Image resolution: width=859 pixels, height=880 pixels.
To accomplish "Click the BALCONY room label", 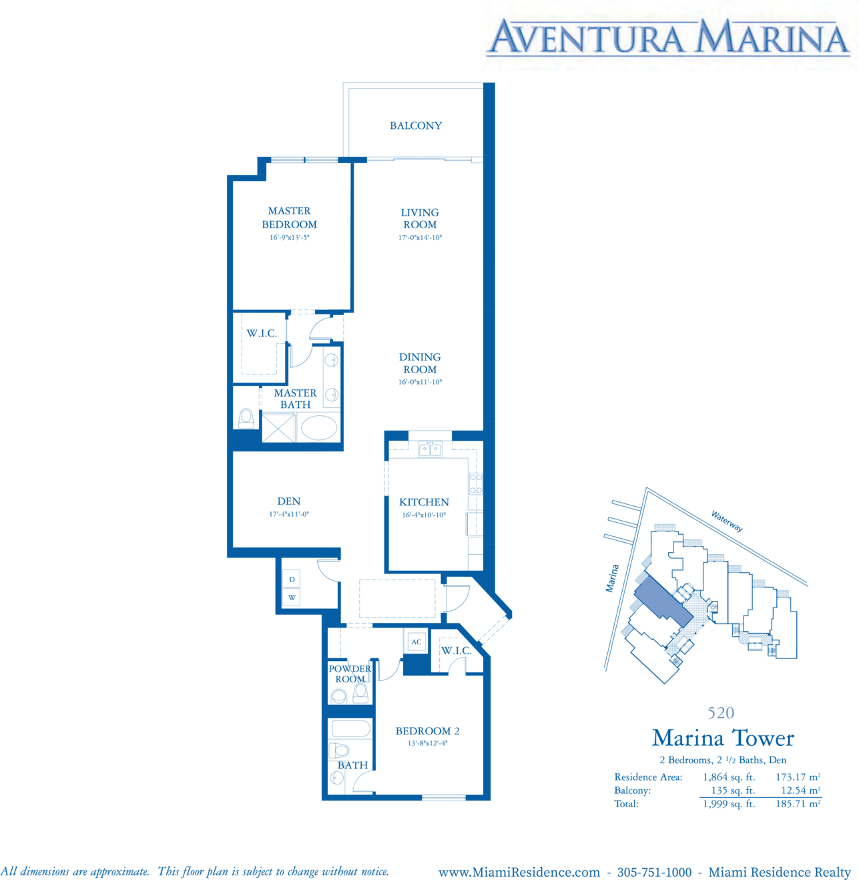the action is pyautogui.click(x=416, y=126).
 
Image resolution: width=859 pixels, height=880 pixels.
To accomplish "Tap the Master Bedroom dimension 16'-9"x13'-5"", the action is pyautogui.click(x=290, y=238).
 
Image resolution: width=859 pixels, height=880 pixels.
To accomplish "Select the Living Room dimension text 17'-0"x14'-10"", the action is pyautogui.click(x=420, y=238).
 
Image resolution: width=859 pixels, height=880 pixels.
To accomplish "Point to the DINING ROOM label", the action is pyautogui.click(x=420, y=363).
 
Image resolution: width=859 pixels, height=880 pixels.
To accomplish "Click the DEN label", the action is pyautogui.click(x=288, y=501).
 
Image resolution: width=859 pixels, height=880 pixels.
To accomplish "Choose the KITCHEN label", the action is pyautogui.click(x=424, y=502).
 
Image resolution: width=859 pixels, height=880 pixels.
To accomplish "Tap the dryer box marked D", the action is pyautogui.click(x=292, y=580).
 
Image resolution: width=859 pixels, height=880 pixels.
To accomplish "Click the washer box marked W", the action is pyautogui.click(x=292, y=598).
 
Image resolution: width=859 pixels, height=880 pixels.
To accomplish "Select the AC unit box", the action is pyautogui.click(x=416, y=642).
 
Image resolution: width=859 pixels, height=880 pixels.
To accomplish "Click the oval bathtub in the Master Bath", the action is pyautogui.click(x=319, y=427).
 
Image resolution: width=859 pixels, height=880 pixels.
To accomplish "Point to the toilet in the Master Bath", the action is pyautogui.click(x=246, y=418).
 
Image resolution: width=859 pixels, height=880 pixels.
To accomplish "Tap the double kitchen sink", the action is pyautogui.click(x=430, y=449).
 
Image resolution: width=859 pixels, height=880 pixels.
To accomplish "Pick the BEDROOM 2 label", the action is pyautogui.click(x=427, y=730).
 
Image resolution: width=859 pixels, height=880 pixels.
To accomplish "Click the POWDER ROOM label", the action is pyautogui.click(x=350, y=674).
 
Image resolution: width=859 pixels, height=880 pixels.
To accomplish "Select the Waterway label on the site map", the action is pyautogui.click(x=727, y=521).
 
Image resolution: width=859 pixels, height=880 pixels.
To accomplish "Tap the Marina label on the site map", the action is pyautogui.click(x=612, y=578).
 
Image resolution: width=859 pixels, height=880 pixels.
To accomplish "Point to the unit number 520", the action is pyautogui.click(x=721, y=712).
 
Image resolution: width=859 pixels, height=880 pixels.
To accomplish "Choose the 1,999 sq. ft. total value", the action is pyautogui.click(x=729, y=804).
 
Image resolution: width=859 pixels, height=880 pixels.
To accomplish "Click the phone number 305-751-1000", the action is pyautogui.click(x=654, y=872).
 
